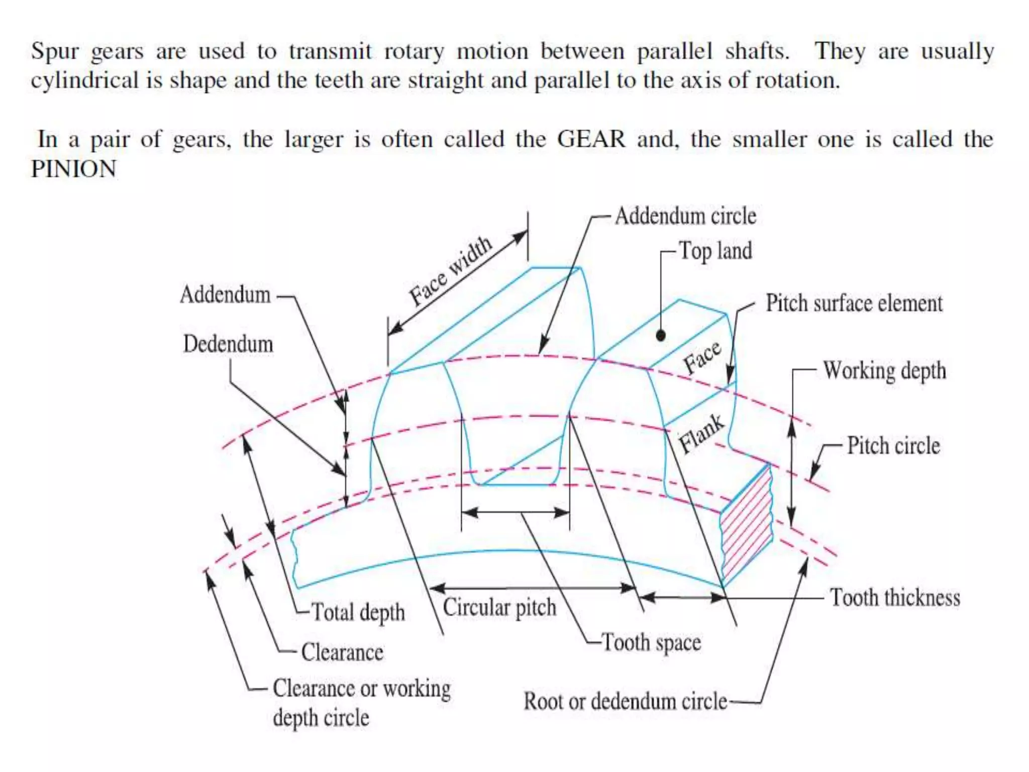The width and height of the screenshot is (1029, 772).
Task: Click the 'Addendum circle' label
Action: coord(685,216)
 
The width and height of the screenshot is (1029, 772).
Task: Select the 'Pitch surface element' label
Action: coord(854,304)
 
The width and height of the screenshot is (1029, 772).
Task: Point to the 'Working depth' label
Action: coord(884,371)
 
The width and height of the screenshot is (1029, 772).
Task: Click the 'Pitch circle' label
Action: coord(893,446)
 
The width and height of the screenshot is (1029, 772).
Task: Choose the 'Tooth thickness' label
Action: coord(895,598)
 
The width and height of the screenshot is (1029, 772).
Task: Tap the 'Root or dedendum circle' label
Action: coord(625,702)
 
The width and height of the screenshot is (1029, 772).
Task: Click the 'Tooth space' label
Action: coord(651,643)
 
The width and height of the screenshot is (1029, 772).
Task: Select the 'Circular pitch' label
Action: coord(499,608)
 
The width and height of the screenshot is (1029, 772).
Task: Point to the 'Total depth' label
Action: coord(358,613)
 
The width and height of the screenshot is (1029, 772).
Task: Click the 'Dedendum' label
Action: coord(228,344)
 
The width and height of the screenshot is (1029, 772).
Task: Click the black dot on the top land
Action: coord(661,335)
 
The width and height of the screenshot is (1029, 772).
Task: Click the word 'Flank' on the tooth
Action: coord(701,433)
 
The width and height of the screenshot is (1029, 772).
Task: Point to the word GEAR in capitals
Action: coord(591,139)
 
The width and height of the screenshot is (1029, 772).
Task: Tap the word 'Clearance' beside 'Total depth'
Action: coord(342,653)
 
